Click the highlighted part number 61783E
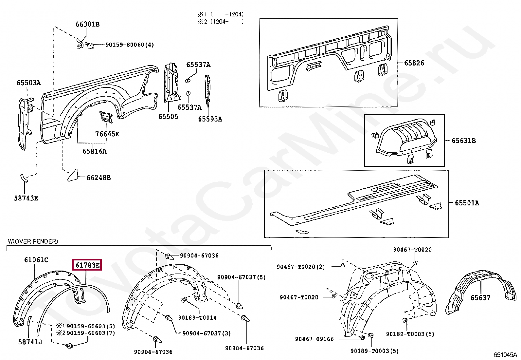[x=87, y=265]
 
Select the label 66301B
[x=87, y=24]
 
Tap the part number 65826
[x=414, y=63]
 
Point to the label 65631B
[x=463, y=141]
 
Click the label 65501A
[x=467, y=203]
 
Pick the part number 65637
[x=480, y=298]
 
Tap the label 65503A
[x=29, y=83]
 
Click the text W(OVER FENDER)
[x=33, y=241]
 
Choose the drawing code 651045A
[x=505, y=355]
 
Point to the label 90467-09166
[x=314, y=339]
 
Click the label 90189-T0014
[x=197, y=318]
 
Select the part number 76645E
[x=107, y=134]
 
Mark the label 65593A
[x=210, y=119]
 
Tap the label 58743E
[x=26, y=198]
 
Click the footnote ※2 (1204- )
[x=221, y=22]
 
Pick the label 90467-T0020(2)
[x=300, y=267]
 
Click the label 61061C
[x=36, y=260]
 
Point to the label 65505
[x=168, y=117]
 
